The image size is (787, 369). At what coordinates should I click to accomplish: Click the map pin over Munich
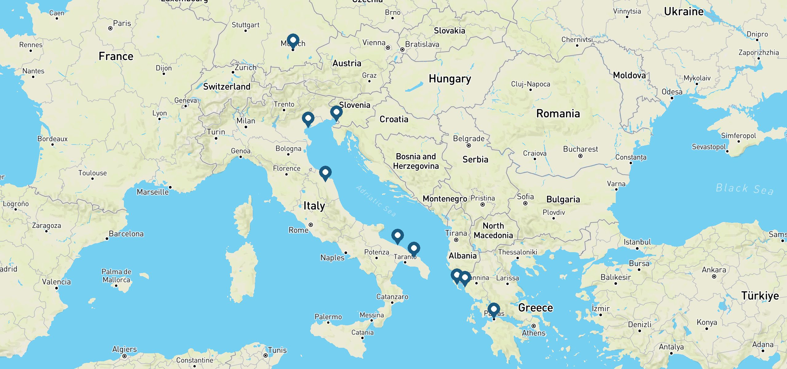(293, 41)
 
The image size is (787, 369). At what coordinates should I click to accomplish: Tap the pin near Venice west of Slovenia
(308, 119)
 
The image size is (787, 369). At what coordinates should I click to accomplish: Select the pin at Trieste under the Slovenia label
(336, 113)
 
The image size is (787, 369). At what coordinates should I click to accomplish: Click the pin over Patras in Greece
(493, 310)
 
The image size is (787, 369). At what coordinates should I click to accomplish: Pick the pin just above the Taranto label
(414, 249)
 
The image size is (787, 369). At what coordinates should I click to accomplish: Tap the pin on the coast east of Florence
(325, 173)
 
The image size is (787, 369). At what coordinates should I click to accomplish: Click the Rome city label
(298, 230)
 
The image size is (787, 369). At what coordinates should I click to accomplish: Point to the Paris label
(122, 23)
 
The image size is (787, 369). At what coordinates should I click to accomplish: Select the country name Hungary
(450, 79)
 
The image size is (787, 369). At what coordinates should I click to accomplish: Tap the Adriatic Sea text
(376, 200)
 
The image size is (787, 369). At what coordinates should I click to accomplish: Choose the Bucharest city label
(580, 149)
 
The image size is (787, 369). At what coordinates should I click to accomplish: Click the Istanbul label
(637, 242)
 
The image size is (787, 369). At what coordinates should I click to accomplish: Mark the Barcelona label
(126, 234)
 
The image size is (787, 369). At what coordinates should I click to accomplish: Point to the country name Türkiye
(760, 296)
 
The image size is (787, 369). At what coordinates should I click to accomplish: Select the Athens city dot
(534, 326)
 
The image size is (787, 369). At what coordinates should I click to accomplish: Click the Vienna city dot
(388, 48)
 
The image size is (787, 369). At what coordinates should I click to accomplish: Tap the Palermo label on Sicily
(328, 317)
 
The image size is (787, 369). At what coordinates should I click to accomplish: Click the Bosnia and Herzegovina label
(416, 161)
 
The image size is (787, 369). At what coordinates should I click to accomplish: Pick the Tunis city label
(277, 350)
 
